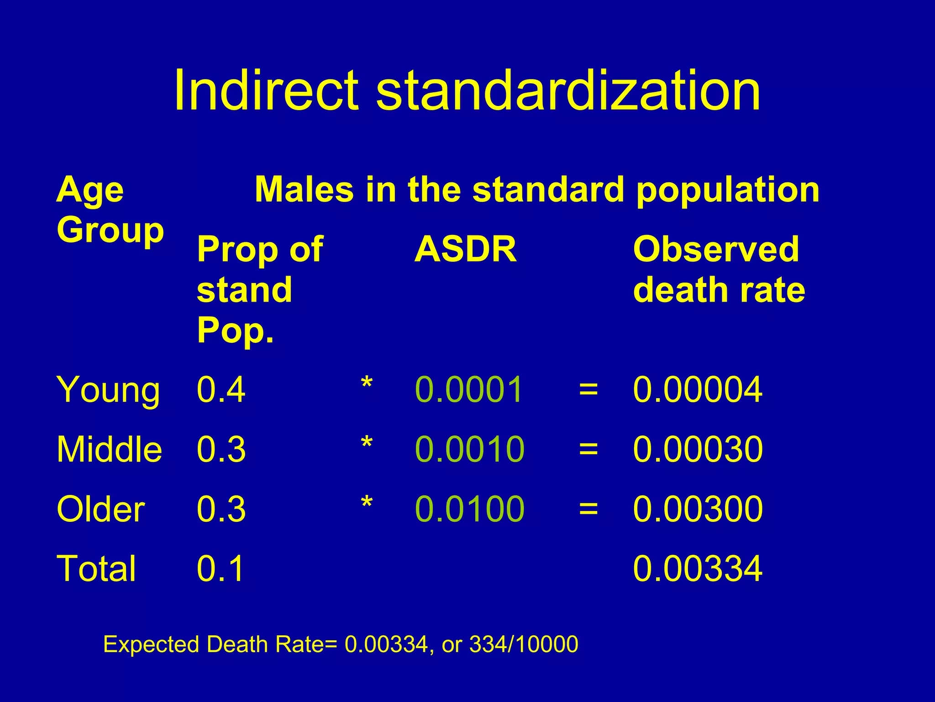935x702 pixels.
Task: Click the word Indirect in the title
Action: [x=266, y=90]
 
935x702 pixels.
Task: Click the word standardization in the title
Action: [x=568, y=90]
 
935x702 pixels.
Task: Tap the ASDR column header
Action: [x=465, y=250]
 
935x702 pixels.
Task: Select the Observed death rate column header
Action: [x=719, y=270]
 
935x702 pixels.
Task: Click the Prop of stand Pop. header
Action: [x=259, y=290]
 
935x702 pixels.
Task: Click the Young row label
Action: [x=108, y=390]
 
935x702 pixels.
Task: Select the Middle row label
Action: [x=109, y=450]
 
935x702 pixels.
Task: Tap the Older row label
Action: [x=100, y=509]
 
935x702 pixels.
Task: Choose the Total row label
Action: [x=96, y=569]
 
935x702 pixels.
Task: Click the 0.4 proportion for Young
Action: [x=221, y=389]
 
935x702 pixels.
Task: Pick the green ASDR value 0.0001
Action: [x=469, y=389]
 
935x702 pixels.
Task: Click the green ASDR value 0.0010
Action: [x=470, y=449]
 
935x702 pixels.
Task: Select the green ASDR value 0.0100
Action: [x=470, y=509]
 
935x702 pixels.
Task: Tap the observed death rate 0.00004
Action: [x=698, y=389]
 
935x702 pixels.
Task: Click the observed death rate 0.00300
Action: [x=698, y=509]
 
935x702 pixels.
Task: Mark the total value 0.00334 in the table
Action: [x=698, y=569]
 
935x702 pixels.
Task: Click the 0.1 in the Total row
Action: [x=221, y=569]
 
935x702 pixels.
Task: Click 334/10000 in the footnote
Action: [x=524, y=644]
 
